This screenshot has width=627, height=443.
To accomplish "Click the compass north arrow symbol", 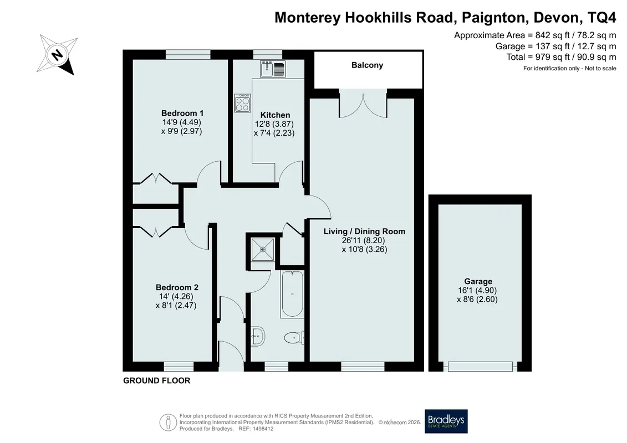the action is [57, 54].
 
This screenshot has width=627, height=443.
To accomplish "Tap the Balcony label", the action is [367, 65].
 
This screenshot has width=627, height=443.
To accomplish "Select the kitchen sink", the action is [273, 69].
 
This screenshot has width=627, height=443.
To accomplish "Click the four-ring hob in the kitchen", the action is [243, 102].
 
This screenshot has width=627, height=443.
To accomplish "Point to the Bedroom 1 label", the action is [182, 113].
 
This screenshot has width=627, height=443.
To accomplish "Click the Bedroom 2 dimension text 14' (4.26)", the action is [176, 296].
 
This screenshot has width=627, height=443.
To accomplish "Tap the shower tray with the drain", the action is [263, 249].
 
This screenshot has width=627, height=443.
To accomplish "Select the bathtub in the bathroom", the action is [292, 295].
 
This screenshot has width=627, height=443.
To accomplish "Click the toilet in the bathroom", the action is [294, 338].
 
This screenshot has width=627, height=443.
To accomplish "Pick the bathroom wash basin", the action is [258, 336].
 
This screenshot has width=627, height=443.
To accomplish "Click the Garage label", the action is [478, 281].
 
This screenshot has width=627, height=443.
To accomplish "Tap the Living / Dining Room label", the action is [364, 231].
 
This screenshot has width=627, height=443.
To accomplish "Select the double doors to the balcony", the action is [363, 104].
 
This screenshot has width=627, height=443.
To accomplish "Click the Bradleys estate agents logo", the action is [446, 421].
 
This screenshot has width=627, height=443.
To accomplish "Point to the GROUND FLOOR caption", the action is [157, 380].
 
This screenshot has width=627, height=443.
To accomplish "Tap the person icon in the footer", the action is [169, 422].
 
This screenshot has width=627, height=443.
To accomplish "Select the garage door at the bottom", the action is [480, 366].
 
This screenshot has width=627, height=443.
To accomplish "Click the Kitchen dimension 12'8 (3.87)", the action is [274, 124].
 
